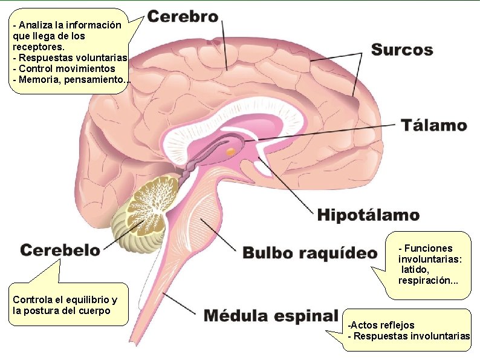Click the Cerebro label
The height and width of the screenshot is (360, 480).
coord(183,17)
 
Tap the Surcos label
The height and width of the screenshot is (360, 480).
coord(402,50)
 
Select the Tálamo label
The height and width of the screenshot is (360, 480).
coord(434,126)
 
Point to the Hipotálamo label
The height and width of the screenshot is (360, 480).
coord(368,214)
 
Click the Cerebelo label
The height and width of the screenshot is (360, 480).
coord(60,249)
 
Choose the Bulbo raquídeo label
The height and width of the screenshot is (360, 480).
coord(310,253)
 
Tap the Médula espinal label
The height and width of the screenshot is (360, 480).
coord(270,315)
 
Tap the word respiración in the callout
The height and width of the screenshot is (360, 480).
coord(420,281)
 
